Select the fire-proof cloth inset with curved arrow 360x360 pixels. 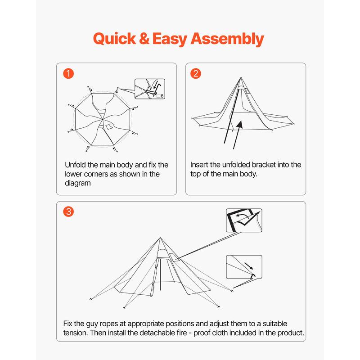point(243,221)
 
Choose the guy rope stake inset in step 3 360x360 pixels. point(243,268)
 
